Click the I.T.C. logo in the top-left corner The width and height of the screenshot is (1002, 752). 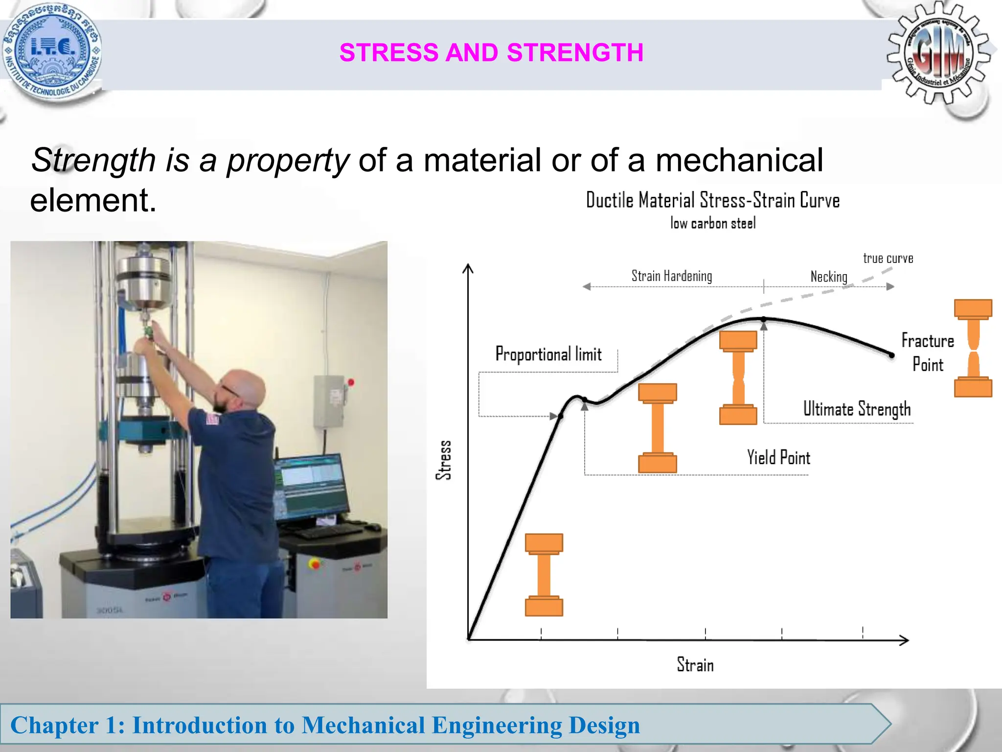51,51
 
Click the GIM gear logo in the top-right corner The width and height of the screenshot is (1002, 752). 938,53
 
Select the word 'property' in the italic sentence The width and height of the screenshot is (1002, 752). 288,161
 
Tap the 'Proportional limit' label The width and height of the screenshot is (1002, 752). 548,354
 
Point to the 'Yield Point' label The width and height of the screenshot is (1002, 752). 778,458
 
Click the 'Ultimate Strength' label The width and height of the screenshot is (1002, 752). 857,409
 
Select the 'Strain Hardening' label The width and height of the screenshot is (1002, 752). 671,276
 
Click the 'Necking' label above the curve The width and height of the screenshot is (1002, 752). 828,277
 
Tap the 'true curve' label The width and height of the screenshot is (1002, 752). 888,258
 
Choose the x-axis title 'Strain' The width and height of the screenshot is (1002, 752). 695,665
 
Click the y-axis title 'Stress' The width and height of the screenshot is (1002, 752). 444,460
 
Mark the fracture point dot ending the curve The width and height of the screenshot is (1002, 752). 891,355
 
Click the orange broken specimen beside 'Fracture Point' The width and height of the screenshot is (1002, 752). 973,348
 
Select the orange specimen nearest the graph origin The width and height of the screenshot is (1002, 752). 544,575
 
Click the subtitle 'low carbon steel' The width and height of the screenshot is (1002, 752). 712,224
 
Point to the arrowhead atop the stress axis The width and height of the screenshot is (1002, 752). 468,268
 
